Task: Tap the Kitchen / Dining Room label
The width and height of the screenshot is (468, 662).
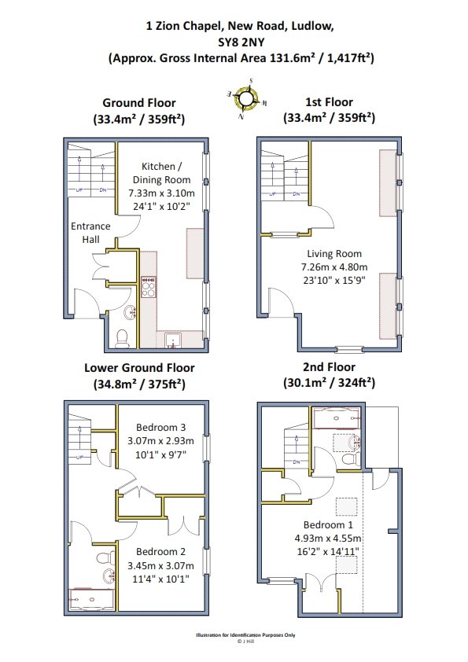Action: (161, 173)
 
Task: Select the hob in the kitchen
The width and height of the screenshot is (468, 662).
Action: (148, 287)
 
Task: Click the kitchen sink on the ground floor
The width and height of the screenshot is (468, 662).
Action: (173, 340)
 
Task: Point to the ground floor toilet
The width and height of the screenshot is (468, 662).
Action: (122, 339)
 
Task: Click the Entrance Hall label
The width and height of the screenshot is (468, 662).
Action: (90, 233)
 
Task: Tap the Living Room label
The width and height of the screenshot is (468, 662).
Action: (334, 254)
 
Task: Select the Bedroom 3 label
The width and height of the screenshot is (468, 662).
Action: (161, 427)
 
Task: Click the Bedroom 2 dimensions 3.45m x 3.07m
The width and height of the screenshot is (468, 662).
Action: (161, 565)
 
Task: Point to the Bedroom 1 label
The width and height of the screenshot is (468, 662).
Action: (328, 524)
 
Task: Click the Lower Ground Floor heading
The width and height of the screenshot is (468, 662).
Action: (139, 368)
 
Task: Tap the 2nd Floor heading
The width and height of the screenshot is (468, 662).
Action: (329, 366)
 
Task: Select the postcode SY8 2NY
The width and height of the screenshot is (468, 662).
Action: (241, 42)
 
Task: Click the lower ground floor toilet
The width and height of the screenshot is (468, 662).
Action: (106, 557)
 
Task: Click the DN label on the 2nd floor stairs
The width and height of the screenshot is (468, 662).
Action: (297, 462)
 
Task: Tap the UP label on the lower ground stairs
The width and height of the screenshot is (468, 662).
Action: (79, 458)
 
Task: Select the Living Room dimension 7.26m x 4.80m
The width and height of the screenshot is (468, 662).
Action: (334, 267)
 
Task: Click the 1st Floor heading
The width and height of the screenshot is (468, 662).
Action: (329, 102)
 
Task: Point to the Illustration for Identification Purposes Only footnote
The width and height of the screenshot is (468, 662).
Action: (245, 635)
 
